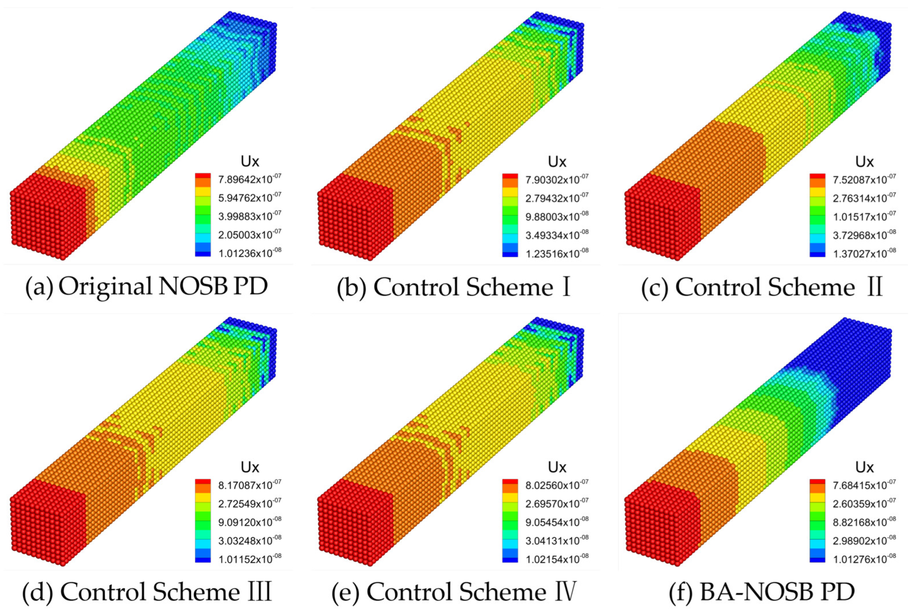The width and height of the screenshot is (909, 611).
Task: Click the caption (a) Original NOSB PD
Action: coord(147,287)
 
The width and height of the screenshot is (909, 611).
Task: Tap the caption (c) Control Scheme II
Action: coord(762,288)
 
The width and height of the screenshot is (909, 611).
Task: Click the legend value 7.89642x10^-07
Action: coord(250,179)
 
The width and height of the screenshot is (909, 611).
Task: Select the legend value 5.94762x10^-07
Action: coord(250,197)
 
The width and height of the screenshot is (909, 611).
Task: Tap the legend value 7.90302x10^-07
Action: coord(557,179)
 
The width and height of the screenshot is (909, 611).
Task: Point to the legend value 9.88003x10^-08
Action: coord(557,216)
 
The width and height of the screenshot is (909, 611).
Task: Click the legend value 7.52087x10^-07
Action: coord(864,179)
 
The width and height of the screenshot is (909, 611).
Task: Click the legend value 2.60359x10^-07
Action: coord(864,503)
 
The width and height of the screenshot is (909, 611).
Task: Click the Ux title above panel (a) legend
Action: coord(250,161)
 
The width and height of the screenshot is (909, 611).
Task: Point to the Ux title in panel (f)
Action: coord(864,467)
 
